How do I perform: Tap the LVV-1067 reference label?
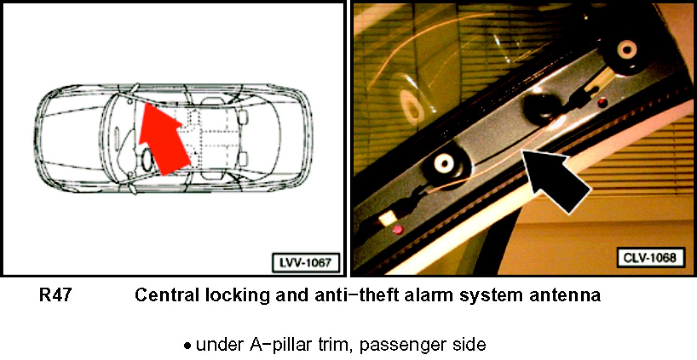click(306, 263)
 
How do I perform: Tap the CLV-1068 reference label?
click(651, 257)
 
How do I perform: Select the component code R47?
click(55, 295)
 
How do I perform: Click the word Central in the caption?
click(166, 295)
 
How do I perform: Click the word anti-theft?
click(356, 295)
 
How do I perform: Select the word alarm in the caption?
click(429, 295)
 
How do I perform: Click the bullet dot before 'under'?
click(187, 346)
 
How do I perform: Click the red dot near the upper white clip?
click(603, 102)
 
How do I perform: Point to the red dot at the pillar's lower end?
click(398, 230)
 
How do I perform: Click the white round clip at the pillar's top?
click(627, 50)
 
